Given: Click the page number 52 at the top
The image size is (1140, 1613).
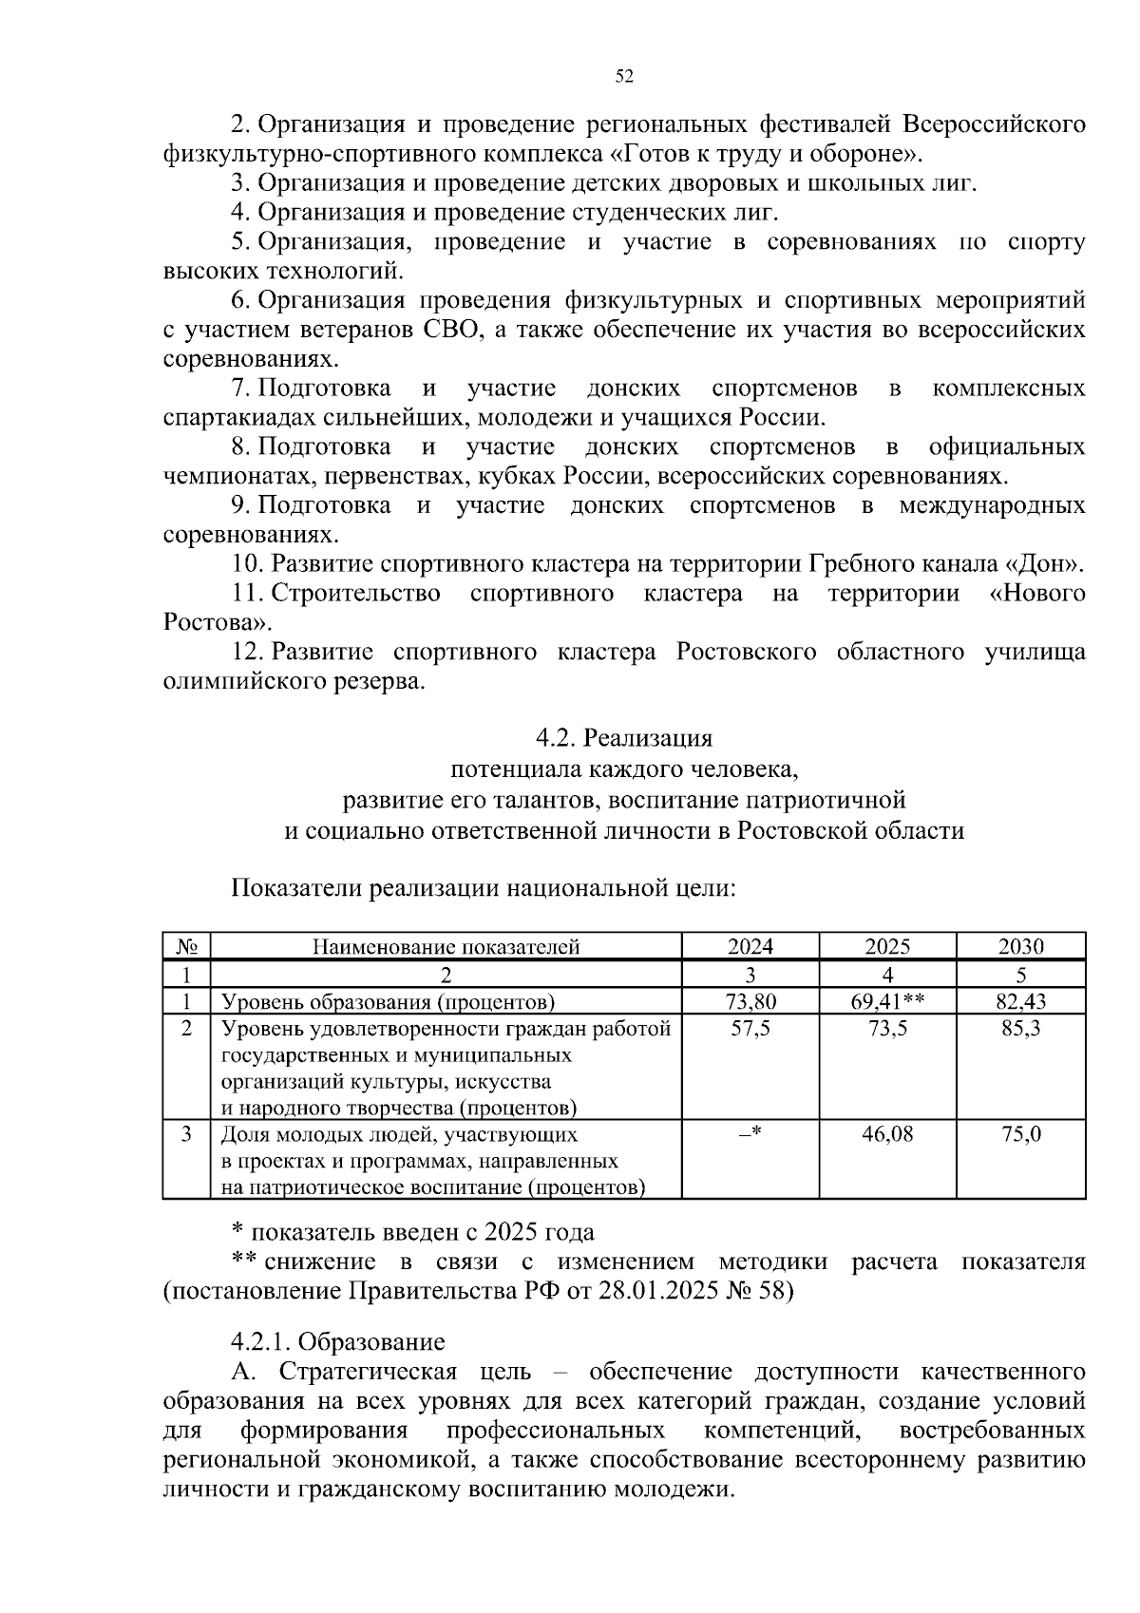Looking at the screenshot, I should [x=624, y=77].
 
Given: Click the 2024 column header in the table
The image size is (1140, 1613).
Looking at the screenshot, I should [x=750, y=946].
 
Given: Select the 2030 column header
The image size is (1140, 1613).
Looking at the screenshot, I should [x=1020, y=946].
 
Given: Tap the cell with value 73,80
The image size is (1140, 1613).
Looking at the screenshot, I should [x=750, y=1001].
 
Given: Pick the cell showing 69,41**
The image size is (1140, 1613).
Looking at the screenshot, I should [x=887, y=1001].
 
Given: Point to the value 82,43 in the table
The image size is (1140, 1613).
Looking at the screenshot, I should [x=1020, y=1001].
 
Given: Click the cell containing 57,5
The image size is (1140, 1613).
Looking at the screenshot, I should [x=750, y=1029].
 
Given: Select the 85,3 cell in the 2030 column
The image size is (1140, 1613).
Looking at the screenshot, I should [x=1020, y=1029].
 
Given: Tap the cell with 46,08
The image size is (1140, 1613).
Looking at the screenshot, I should [x=887, y=1134].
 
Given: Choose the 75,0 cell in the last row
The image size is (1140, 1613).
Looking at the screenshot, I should [x=1020, y=1134].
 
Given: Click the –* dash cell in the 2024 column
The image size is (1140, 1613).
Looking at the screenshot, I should [x=750, y=1134].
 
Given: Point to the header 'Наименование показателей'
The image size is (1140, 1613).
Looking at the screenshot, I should [x=446, y=946].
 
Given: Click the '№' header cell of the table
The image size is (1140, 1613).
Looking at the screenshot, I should [x=186, y=946].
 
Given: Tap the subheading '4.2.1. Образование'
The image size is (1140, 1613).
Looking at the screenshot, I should [x=338, y=1341].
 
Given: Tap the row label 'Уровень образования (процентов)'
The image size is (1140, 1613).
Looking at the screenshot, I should [x=388, y=1001].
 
